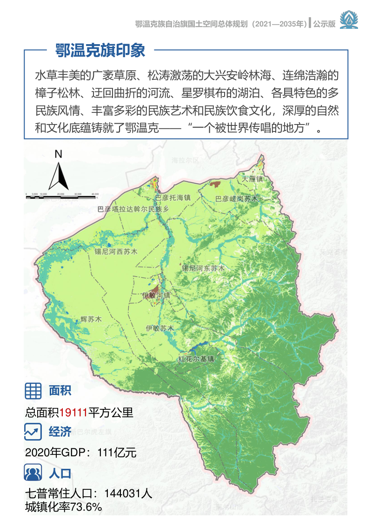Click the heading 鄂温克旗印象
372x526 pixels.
100,50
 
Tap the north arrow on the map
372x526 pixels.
59,172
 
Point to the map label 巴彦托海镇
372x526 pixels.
173,197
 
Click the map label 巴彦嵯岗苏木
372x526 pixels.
236,199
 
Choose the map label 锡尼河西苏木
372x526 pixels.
116,252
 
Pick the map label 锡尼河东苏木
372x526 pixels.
203,268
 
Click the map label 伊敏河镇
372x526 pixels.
156,295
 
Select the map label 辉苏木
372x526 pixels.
91,319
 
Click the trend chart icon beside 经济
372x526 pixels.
33,433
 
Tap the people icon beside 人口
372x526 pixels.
33,473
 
